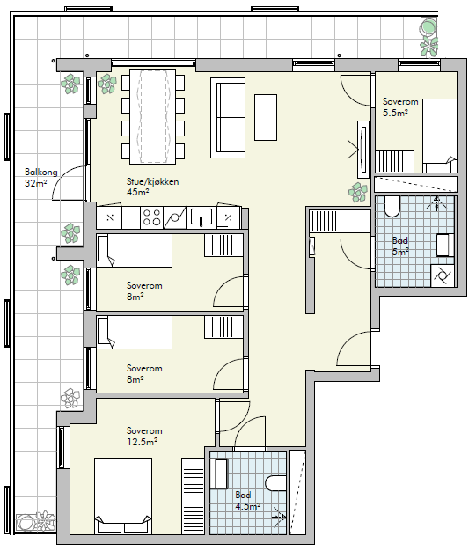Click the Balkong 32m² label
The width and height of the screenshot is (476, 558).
click(x=40, y=178)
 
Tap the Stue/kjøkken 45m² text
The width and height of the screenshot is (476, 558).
click(x=152, y=187)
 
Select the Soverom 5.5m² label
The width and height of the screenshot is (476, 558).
click(x=400, y=107)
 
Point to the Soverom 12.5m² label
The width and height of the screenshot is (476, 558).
click(x=144, y=437)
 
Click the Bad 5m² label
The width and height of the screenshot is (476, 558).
click(x=399, y=246)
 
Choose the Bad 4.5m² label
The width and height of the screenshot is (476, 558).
click(x=247, y=501)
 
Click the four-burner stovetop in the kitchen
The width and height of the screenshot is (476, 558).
click(x=151, y=217)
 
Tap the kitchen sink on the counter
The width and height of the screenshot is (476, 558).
click(x=201, y=217)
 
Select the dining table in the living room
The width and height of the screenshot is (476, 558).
click(x=152, y=116)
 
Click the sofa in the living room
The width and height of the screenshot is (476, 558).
click(x=228, y=118)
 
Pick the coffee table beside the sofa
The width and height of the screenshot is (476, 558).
click(x=266, y=117)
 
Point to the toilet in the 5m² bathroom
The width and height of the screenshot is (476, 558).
click(x=392, y=207)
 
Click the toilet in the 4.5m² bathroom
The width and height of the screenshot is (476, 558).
click(x=276, y=484)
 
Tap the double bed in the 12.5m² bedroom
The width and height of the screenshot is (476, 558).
click(x=123, y=496)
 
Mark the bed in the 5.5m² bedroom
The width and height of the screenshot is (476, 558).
click(x=440, y=136)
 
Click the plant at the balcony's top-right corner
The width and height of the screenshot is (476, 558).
click(x=428, y=37)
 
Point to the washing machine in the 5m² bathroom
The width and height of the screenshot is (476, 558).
click(x=443, y=275)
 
